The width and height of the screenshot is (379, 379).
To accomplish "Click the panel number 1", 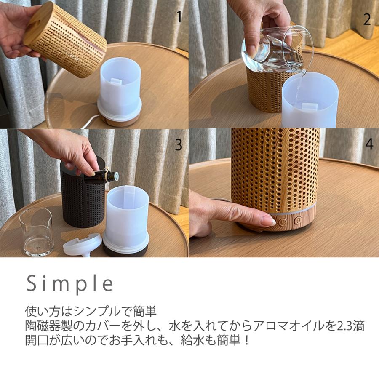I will (179, 17).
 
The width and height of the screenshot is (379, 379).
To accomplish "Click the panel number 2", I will (367, 19).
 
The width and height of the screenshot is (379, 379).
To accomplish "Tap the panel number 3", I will (179, 145).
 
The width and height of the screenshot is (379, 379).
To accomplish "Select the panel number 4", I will (369, 144).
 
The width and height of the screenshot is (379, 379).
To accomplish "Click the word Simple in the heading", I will (70, 284).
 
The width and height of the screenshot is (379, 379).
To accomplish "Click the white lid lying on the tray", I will (82, 245).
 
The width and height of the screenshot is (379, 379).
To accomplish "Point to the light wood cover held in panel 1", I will (65, 40).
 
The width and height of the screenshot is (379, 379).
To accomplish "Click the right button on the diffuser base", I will (298, 220).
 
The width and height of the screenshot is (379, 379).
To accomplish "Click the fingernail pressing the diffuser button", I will (268, 221).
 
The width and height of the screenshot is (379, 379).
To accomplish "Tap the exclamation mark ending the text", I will (247, 339).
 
